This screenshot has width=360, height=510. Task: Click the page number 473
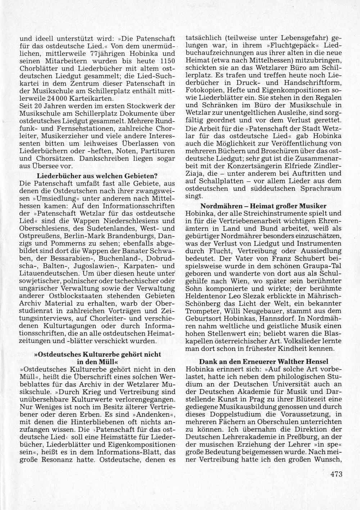click(335, 474)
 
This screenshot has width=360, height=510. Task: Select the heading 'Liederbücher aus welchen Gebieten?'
click(97, 176)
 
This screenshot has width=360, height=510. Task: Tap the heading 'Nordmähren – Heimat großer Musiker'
click(263, 206)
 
